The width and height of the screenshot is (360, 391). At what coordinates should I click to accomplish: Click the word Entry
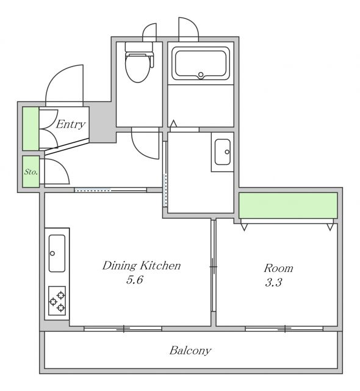click(70, 124)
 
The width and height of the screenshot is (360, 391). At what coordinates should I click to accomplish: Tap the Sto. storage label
click(31, 172)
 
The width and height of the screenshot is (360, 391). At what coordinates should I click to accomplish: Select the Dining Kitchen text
click(142, 266)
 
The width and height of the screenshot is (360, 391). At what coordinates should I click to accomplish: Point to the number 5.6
click(134, 280)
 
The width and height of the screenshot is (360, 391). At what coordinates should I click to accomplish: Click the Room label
click(278, 268)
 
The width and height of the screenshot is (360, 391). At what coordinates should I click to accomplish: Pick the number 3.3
click(273, 283)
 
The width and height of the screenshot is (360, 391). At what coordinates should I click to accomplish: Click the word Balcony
click(190, 351)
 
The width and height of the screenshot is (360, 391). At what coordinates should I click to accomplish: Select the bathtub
click(200, 64)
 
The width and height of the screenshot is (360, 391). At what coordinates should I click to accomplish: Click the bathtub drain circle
click(201, 75)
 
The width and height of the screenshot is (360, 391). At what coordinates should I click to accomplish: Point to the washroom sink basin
click(223, 152)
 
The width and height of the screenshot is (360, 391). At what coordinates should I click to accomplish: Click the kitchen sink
click(57, 253)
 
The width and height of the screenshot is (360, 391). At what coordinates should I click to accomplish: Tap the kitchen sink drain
click(52, 254)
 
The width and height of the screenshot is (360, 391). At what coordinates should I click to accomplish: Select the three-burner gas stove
click(57, 301)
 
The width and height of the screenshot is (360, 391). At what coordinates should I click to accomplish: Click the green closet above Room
click(288, 205)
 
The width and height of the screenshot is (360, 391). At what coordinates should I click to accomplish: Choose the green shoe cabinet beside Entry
click(31, 129)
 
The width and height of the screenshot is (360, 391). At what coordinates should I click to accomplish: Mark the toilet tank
click(139, 46)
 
